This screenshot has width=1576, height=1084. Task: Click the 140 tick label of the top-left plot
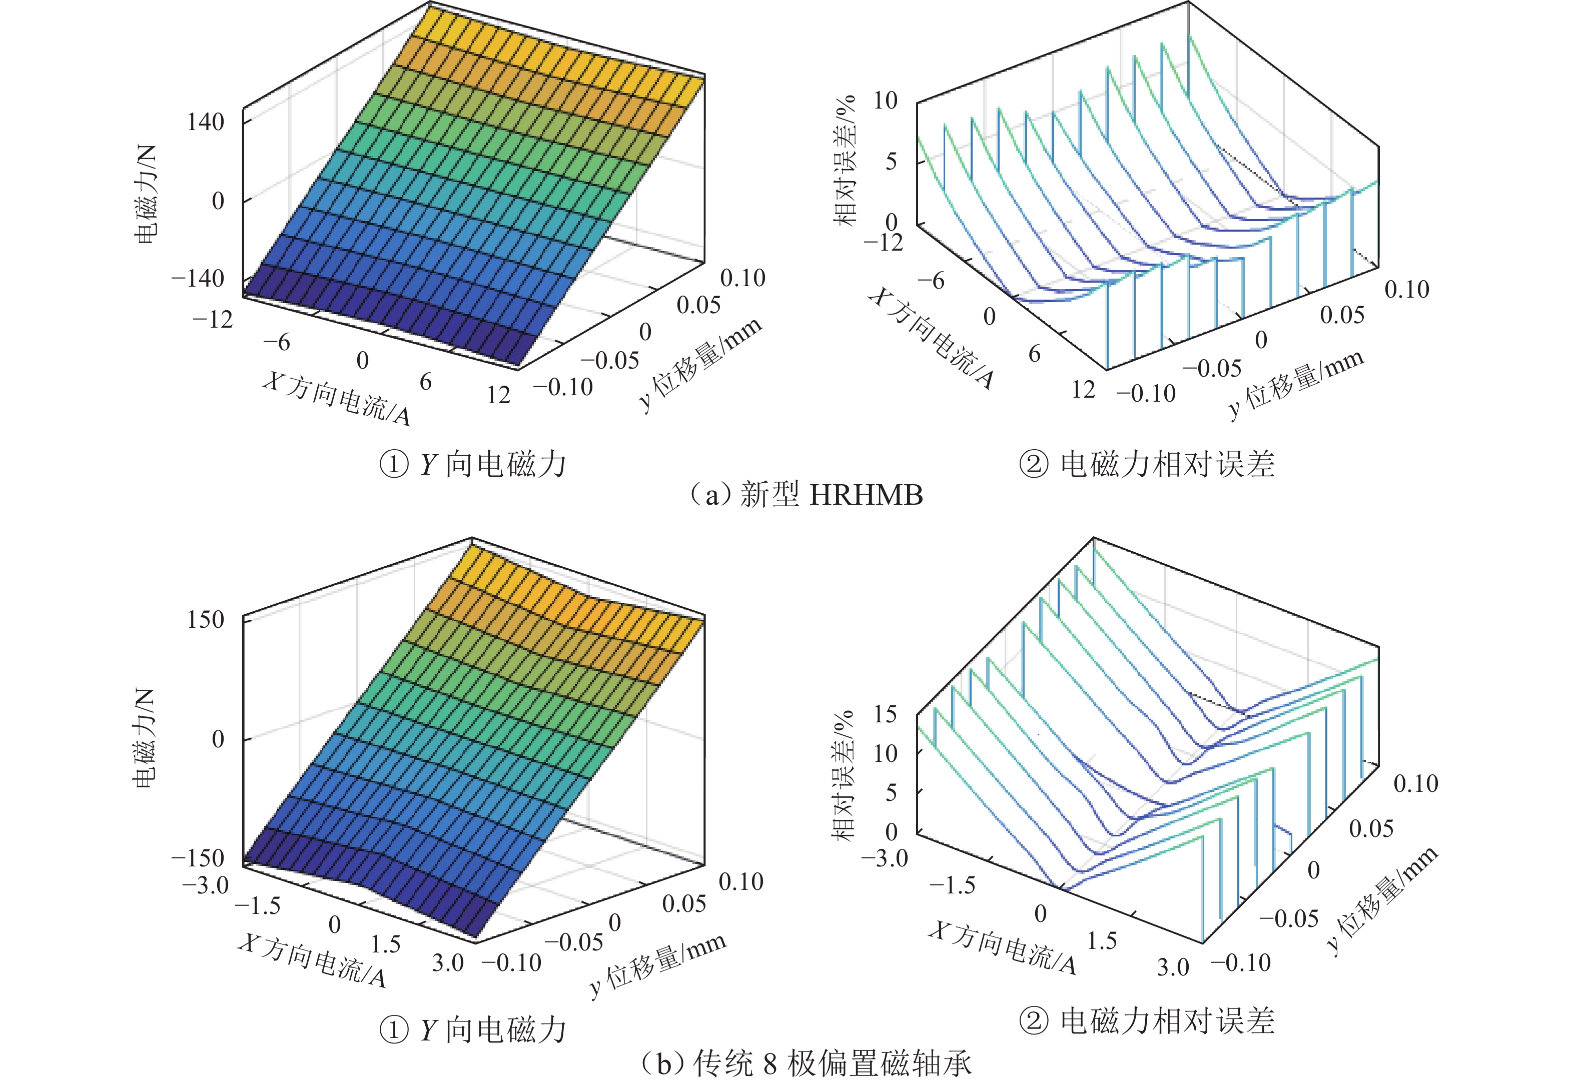coord(205,123)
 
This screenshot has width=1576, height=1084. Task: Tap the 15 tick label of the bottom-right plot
coord(885,714)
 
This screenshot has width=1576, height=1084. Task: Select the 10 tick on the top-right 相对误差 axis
coord(885,101)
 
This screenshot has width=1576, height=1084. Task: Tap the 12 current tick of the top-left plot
coord(498,395)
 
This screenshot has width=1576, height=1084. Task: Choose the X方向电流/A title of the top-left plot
coord(337,399)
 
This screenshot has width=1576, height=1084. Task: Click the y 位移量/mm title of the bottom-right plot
coord(1383,899)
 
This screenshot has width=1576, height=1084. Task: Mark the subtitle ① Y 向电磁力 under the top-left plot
coord(473,465)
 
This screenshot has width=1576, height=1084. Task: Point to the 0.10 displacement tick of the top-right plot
coord(1407,290)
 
